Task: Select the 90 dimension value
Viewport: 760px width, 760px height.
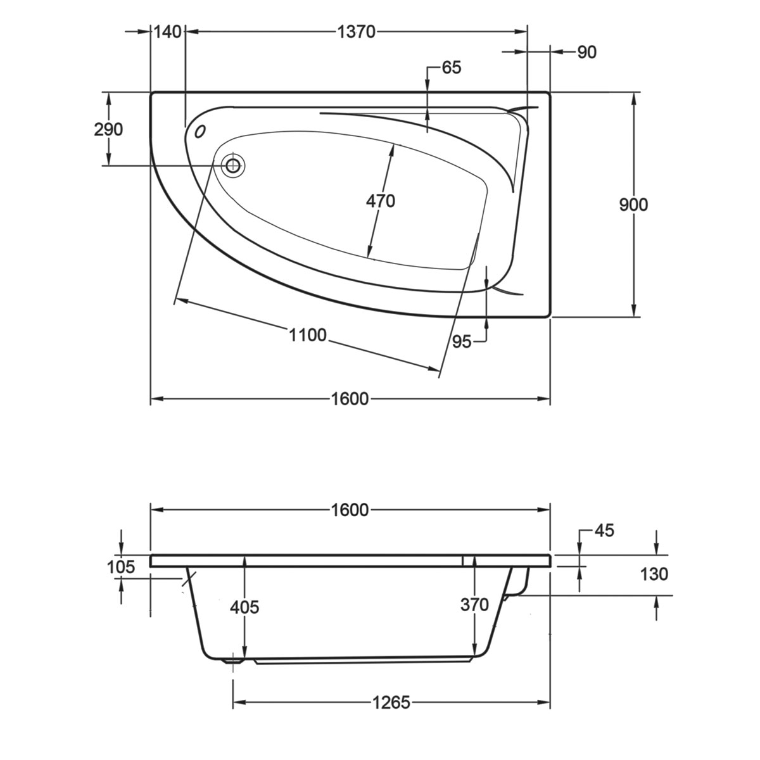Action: (x=587, y=52)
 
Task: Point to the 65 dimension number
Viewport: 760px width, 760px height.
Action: (x=452, y=67)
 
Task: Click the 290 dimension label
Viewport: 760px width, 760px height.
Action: (x=108, y=130)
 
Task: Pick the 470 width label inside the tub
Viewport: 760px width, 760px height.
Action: (x=381, y=201)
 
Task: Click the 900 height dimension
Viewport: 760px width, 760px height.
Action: (x=634, y=205)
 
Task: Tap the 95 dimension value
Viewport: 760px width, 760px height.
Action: (x=462, y=342)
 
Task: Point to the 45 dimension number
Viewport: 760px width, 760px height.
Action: (x=604, y=530)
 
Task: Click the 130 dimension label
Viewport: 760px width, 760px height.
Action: (x=654, y=574)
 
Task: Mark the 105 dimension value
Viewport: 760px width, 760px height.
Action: (x=121, y=567)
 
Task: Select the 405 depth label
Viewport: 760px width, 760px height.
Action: (x=244, y=607)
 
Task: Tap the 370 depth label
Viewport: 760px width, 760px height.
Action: (x=475, y=605)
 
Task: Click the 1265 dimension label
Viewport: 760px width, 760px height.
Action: (x=391, y=702)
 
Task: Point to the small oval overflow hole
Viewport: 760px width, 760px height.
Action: (x=201, y=131)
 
